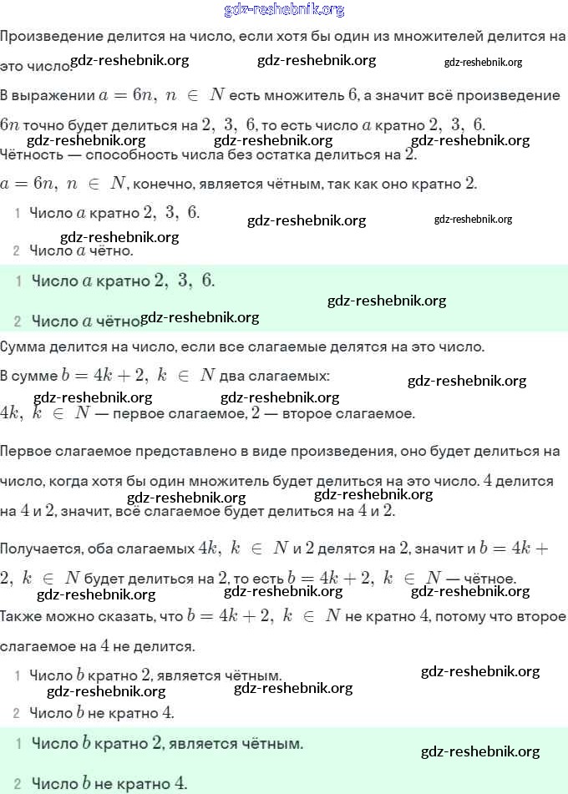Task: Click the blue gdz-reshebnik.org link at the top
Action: pos(284,10)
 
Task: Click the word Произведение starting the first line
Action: pos(41,37)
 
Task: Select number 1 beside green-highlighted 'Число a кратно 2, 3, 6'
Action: pos(18,281)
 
